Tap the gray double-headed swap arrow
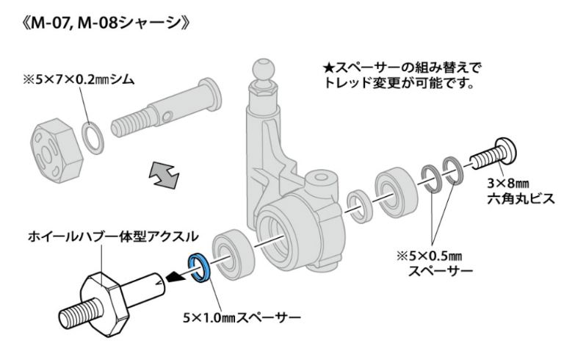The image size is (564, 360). pyautogui.click(x=164, y=175)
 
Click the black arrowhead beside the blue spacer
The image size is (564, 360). pyautogui.click(x=176, y=277)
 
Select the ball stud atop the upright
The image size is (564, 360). pyautogui.click(x=264, y=68)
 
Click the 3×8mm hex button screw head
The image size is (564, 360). pyautogui.click(x=506, y=151)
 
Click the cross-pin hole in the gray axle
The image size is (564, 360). pyautogui.click(x=167, y=117)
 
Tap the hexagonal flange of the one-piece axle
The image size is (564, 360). pyautogui.click(x=104, y=303)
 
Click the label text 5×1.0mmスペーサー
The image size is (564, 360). pyautogui.click(x=242, y=317)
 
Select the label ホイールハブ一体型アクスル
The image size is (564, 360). pyautogui.click(x=113, y=236)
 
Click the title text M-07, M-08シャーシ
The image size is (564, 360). pyautogui.click(x=106, y=24)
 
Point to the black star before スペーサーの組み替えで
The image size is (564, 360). pyautogui.click(x=328, y=68)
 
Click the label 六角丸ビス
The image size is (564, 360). pyautogui.click(x=521, y=199)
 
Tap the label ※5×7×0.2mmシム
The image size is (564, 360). pyautogui.click(x=79, y=79)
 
